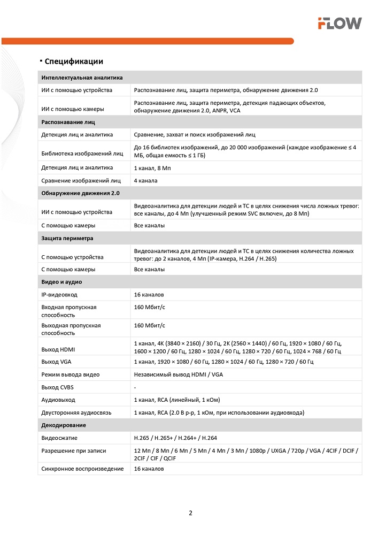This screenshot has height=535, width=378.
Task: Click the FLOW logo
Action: click(x=340, y=23)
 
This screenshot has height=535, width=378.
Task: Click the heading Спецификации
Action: click(x=74, y=62)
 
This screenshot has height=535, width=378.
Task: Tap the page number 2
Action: click(x=190, y=513)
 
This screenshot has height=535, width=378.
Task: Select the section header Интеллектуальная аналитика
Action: click(x=82, y=78)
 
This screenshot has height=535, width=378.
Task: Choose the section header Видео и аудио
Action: click(x=61, y=281)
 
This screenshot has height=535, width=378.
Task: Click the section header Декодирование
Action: click(x=64, y=425)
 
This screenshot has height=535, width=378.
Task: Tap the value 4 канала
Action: click(x=145, y=181)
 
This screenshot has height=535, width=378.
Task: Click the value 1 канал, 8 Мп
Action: click(x=152, y=167)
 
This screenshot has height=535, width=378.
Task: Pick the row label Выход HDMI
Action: click(x=59, y=350)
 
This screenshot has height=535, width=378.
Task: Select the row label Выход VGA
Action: click(x=57, y=362)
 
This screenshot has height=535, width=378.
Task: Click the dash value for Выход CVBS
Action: click(x=135, y=387)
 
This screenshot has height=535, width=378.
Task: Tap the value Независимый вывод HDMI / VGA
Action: click(x=178, y=374)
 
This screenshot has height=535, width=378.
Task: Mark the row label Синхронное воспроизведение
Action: click(x=82, y=469)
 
